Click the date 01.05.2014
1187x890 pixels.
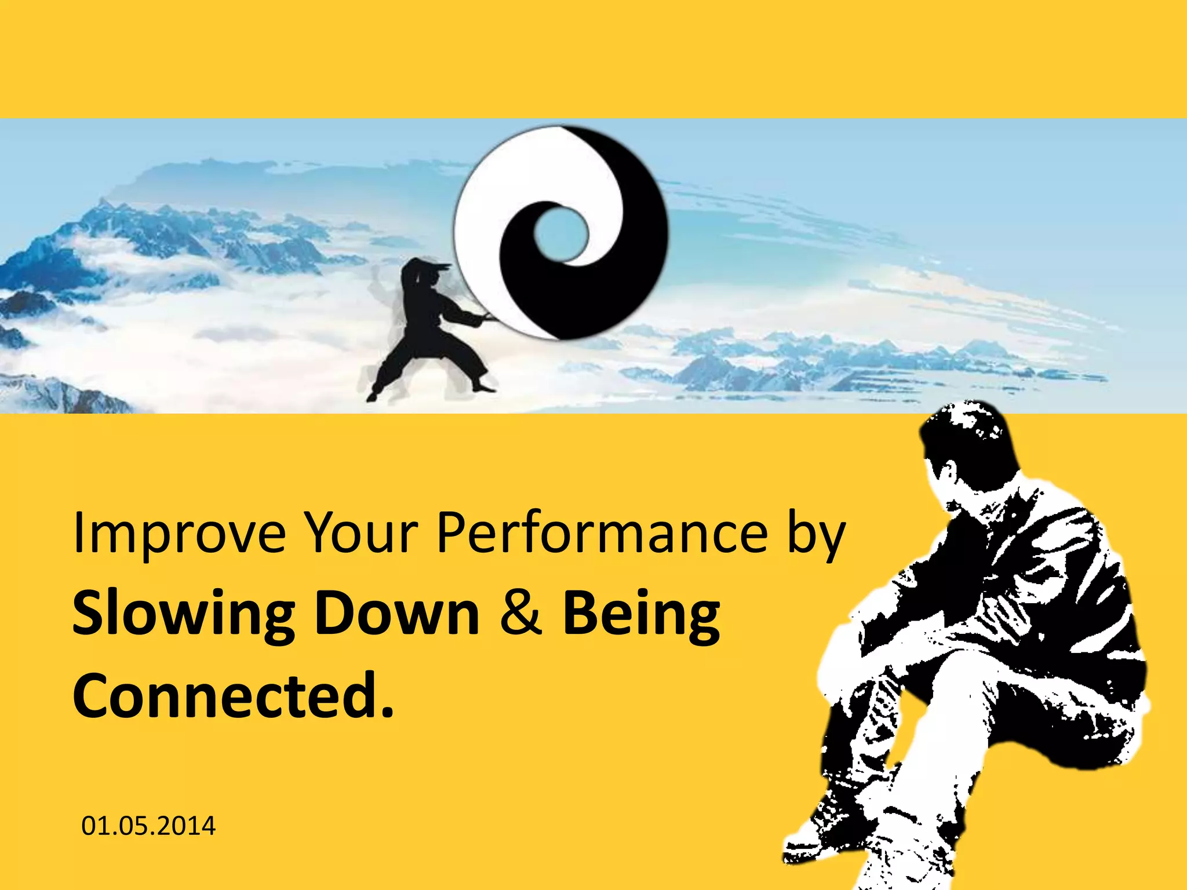148,826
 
